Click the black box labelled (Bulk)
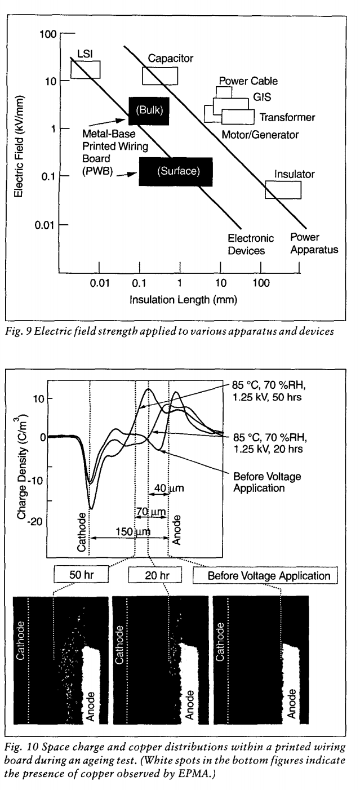coord(149,110)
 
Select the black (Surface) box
coord(176,171)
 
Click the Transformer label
coord(287,117)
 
